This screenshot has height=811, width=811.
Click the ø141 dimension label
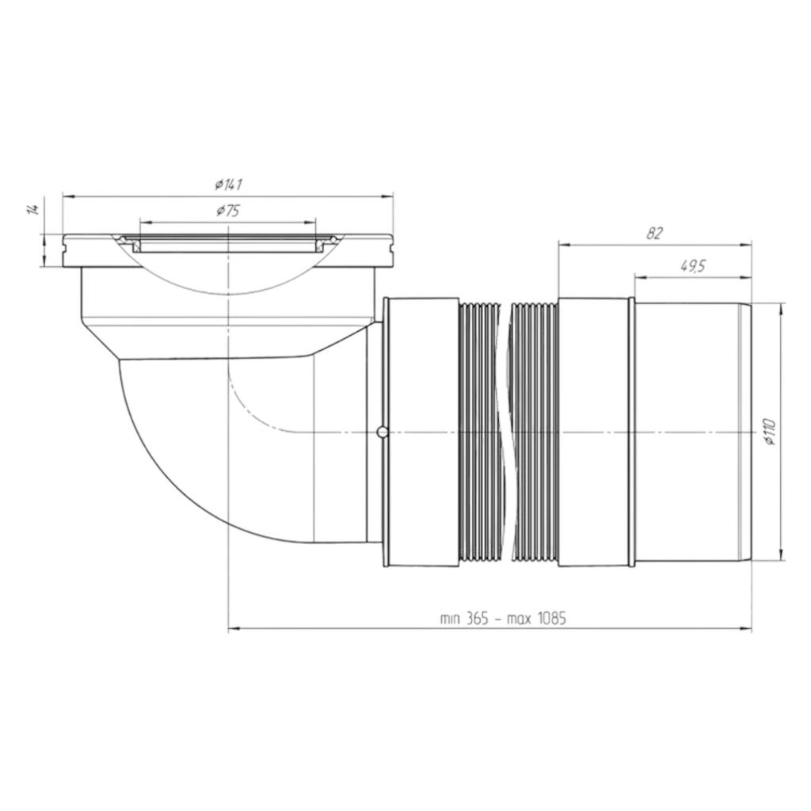click(x=229, y=184)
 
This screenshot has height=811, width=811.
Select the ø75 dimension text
click(x=227, y=211)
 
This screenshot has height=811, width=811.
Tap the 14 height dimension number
click(x=33, y=209)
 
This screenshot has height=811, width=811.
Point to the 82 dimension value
click(x=653, y=234)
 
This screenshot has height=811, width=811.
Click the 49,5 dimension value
click(x=692, y=266)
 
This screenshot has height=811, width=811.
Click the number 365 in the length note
click(x=476, y=618)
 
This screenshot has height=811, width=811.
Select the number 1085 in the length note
click(x=550, y=618)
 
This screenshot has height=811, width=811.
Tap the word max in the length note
click(x=519, y=619)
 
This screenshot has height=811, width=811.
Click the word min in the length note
click(x=450, y=619)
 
